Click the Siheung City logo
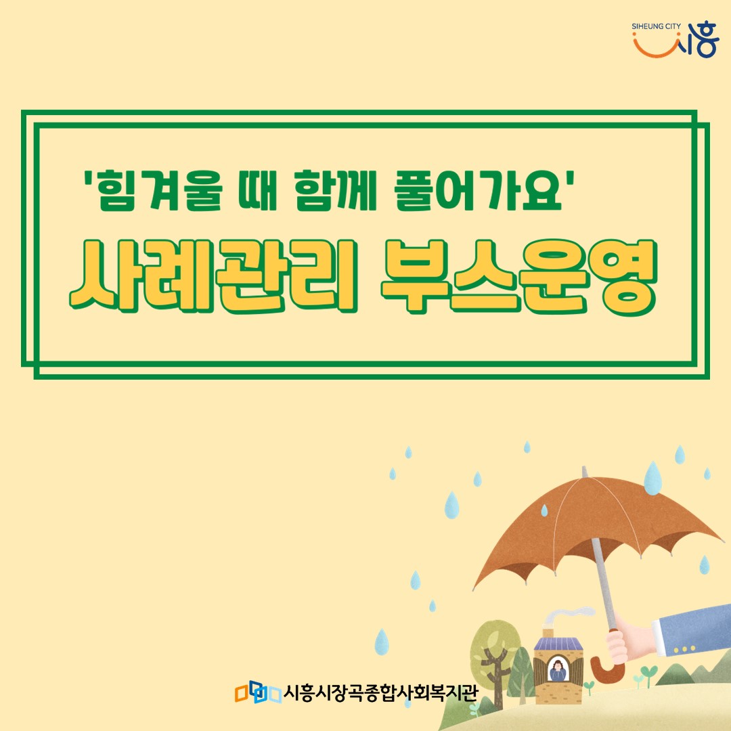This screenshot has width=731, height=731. [x=675, y=39]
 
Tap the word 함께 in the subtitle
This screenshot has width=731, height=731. [x=335, y=190]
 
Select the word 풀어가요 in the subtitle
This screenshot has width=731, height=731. [x=478, y=190]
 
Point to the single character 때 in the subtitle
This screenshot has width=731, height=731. [x=258, y=190]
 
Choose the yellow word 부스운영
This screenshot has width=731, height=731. [x=519, y=276]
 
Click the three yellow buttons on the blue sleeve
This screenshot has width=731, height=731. [x=684, y=649]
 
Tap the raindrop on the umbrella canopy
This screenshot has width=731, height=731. [x=544, y=510]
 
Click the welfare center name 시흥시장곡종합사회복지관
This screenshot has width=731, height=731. [x=380, y=693]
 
